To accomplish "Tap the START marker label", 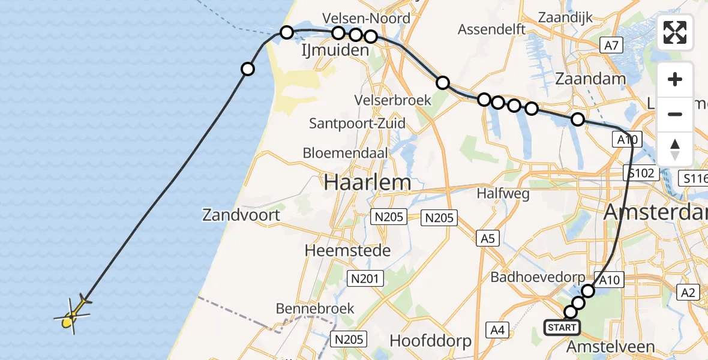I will pos(562,328).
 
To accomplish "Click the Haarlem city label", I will pos(368,182).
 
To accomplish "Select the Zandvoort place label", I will pos(241,214).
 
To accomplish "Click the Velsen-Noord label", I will pos(366,18).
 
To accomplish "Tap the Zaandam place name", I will pos(590,79).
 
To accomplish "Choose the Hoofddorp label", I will pos(430,340).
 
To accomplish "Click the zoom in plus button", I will pos(675,79).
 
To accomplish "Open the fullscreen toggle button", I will pos(675,32).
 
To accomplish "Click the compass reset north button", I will pos(675,149).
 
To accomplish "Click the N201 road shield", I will pos(362,277).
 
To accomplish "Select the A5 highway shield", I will pos(487,239).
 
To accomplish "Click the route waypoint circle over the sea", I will pos(247,70).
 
